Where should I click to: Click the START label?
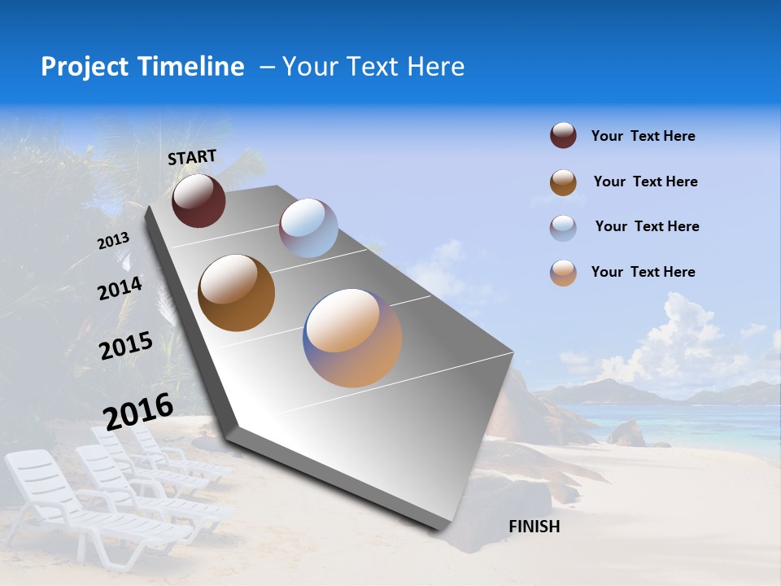coord(192,157)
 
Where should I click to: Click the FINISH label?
coord(534,527)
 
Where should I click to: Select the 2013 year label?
coord(113,241)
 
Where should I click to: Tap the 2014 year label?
coord(120,289)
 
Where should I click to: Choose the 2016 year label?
coord(138,412)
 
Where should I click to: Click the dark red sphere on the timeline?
coord(199,200)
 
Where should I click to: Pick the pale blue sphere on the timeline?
coord(308,228)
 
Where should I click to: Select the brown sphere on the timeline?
coord(237,293)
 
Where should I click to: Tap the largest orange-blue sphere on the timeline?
coord(352,338)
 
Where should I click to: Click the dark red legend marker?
coord(563,136)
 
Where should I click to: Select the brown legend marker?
coord(563,182)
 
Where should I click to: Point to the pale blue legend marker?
coord(563,228)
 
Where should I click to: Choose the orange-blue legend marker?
coord(563,273)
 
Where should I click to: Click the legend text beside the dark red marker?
coord(643,136)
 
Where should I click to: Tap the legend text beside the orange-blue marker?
coord(643,272)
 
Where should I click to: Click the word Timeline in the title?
coord(190,67)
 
